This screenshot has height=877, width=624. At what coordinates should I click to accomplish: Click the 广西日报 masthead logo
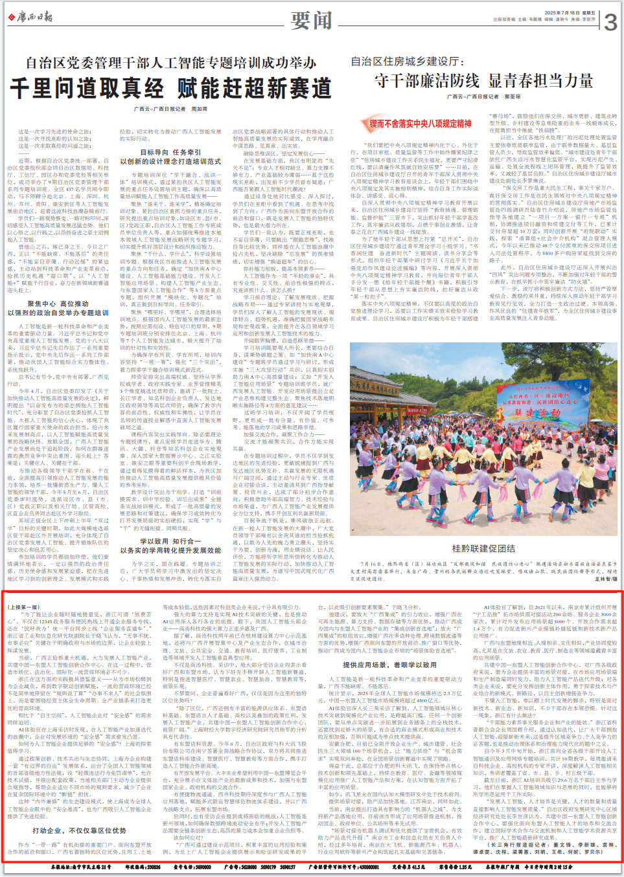coord(30,17)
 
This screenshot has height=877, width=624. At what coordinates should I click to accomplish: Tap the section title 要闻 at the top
coord(311,21)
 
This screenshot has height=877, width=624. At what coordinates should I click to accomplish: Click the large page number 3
coord(610,23)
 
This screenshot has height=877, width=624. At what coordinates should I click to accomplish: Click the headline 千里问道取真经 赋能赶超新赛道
coord(170,88)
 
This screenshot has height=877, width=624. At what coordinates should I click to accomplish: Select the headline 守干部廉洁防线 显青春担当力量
coord(483,81)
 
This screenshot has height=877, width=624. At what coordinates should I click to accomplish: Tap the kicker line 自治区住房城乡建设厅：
coord(407,61)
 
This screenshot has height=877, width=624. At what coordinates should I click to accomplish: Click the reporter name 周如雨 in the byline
coord(199,109)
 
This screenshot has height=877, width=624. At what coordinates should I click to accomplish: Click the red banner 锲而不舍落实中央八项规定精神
coord(420,123)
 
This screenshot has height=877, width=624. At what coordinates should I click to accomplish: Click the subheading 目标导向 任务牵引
coord(170,153)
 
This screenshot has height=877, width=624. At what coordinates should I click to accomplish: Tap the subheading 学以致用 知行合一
coord(170,541)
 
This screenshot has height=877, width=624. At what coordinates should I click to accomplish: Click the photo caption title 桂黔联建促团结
coord(483,548)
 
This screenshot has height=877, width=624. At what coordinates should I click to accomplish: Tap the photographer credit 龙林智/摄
coord(605,579)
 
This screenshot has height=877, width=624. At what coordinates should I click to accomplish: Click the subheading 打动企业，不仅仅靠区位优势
coord(79,830)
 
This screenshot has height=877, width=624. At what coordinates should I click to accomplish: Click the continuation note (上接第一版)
coord(23,608)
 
